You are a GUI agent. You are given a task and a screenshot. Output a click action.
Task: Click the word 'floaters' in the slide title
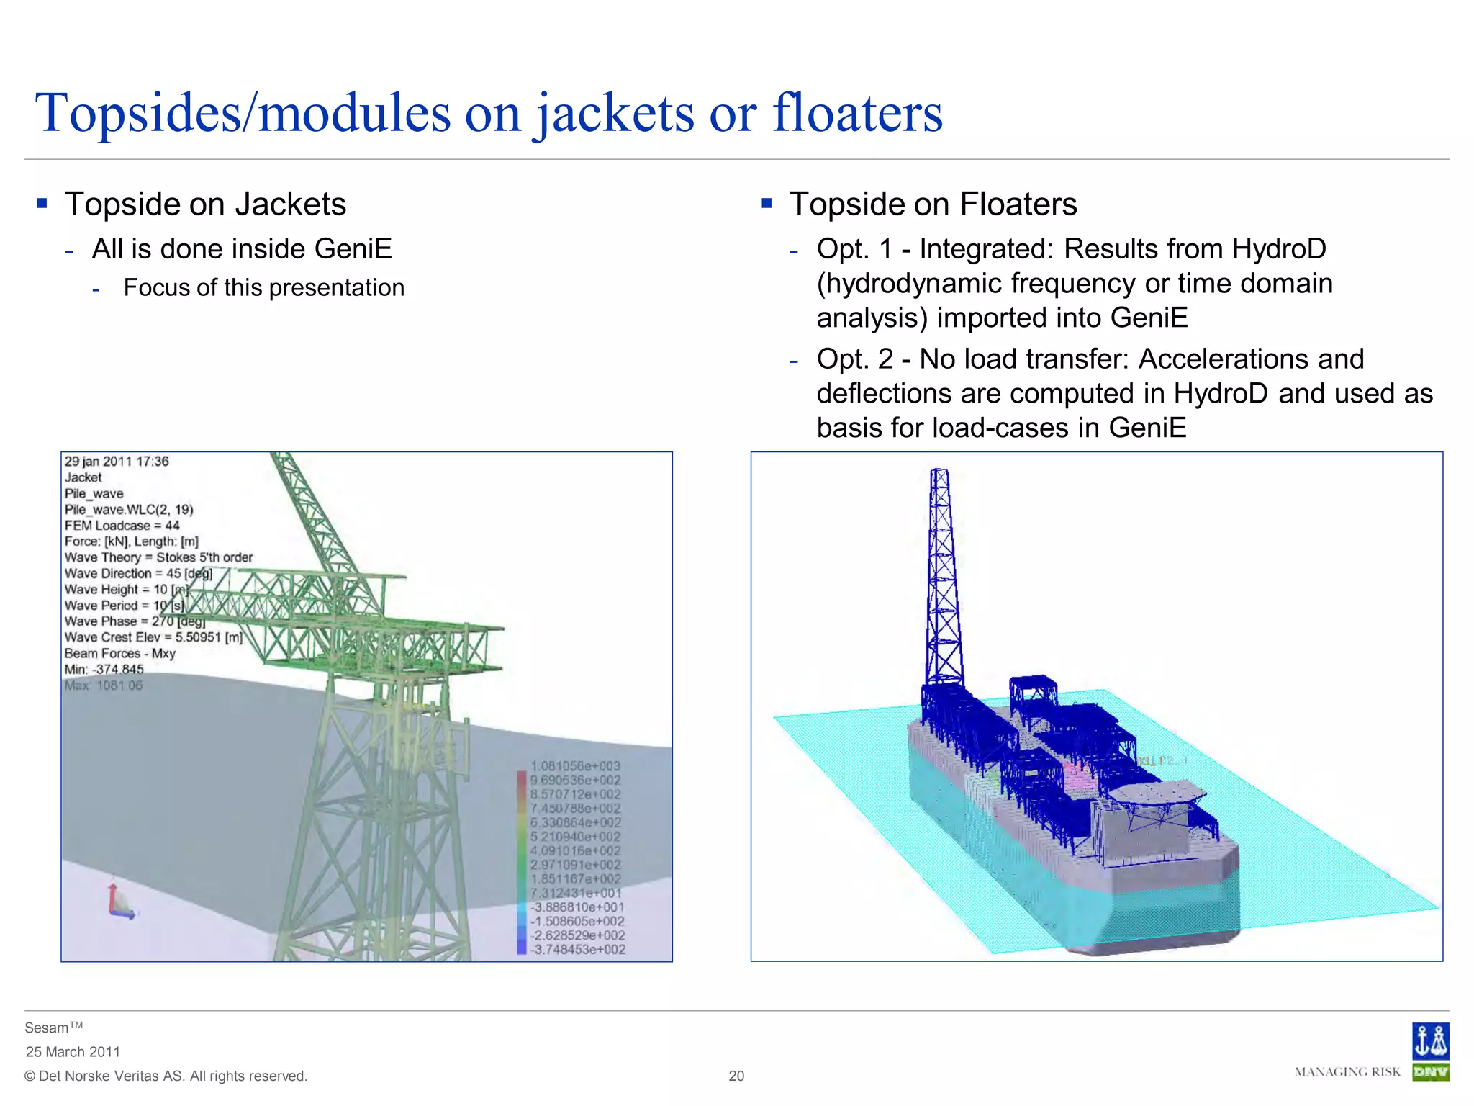point(856,113)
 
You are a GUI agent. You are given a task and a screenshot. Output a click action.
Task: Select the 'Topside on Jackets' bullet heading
point(205,204)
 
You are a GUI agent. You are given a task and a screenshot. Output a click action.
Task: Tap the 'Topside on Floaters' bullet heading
point(933,204)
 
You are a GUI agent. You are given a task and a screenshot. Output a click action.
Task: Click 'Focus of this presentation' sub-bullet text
point(263,287)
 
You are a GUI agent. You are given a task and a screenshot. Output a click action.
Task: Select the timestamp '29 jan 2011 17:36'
point(117,462)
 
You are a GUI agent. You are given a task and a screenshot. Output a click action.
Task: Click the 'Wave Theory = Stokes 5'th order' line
point(158,557)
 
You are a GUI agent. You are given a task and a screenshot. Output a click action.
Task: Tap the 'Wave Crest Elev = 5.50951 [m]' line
point(153,637)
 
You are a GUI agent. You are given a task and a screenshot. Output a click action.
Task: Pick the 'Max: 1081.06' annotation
point(104,685)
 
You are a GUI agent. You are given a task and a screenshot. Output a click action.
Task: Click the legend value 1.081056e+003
point(575,766)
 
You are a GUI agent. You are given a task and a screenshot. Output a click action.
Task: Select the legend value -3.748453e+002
point(578,950)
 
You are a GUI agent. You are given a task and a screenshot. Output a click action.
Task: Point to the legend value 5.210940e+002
point(575,837)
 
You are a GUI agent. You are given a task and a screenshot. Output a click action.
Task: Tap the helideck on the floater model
point(1156,793)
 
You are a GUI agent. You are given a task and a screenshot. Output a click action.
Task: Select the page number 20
point(736,1076)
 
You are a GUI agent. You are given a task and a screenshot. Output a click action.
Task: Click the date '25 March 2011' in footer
point(73,1052)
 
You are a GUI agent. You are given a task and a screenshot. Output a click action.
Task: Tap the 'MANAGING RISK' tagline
point(1347,1072)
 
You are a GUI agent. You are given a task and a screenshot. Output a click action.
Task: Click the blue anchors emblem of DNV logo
point(1429,1041)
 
